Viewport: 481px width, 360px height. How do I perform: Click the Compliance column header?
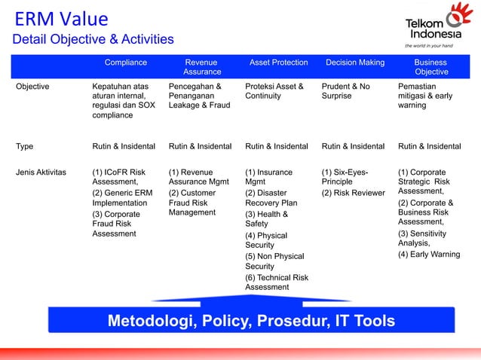click(x=125, y=63)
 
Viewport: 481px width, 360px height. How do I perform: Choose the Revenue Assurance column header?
click(x=202, y=67)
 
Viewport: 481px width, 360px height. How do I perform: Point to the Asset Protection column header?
click(x=278, y=63)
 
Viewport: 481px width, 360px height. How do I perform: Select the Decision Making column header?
click(x=354, y=63)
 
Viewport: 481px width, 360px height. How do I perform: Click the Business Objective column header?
click(x=430, y=67)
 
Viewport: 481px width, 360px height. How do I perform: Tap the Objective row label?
click(x=33, y=87)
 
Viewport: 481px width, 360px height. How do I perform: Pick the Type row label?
click(x=25, y=147)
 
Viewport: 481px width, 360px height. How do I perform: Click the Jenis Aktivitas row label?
click(x=41, y=172)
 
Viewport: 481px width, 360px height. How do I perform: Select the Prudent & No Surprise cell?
click(x=346, y=91)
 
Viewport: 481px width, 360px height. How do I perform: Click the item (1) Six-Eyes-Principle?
click(x=345, y=177)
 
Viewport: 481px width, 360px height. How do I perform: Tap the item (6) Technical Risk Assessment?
click(x=277, y=282)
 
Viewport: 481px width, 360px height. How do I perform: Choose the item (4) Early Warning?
click(x=429, y=255)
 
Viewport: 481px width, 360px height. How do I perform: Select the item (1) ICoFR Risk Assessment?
click(x=118, y=177)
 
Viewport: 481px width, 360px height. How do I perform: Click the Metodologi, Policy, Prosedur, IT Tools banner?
click(x=251, y=322)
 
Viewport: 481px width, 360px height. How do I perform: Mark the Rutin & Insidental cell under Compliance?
click(x=124, y=147)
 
